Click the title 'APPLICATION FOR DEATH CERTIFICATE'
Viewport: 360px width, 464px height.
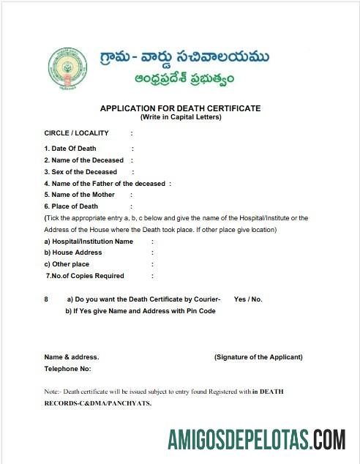[x=180, y=108]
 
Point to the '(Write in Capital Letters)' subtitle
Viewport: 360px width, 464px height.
[x=180, y=117]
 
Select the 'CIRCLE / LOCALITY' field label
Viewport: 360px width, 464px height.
[x=76, y=133]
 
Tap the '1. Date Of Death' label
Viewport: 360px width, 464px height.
[x=70, y=149]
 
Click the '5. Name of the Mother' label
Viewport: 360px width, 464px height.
[x=79, y=195]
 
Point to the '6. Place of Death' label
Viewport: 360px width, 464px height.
[x=71, y=206]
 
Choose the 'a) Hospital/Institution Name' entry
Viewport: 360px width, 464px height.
[x=89, y=241]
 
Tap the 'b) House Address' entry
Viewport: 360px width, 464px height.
[x=73, y=252]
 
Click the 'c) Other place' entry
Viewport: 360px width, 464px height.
[x=67, y=264]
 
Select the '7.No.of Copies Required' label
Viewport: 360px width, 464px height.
[x=85, y=276]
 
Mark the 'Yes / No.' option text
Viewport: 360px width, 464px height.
[x=248, y=299]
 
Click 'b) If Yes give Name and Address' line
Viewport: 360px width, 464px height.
[x=140, y=311]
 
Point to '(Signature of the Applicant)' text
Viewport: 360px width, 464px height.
[x=258, y=357]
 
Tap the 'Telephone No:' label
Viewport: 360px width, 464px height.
[x=67, y=369]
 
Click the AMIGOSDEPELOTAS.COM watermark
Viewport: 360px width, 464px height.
[x=255, y=439]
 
